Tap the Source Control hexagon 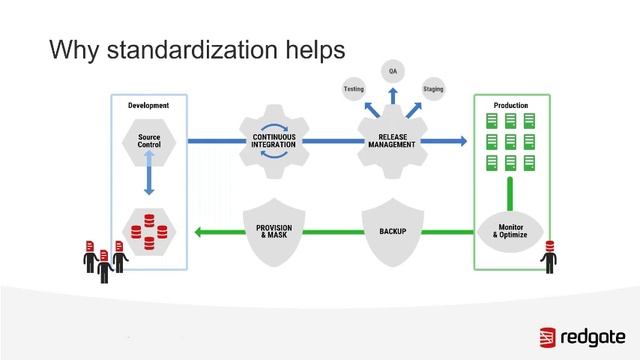tap(148, 141)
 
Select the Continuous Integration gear tap(272, 141)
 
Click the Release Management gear tap(391, 141)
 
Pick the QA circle tap(392, 72)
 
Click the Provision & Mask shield tap(273, 230)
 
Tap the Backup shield tap(391, 230)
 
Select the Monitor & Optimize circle tap(510, 232)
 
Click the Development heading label tap(148, 105)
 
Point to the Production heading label tap(510, 105)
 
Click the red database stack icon tap(148, 229)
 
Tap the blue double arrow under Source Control tap(148, 181)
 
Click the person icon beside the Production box tap(547, 258)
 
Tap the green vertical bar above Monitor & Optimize tap(510, 192)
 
